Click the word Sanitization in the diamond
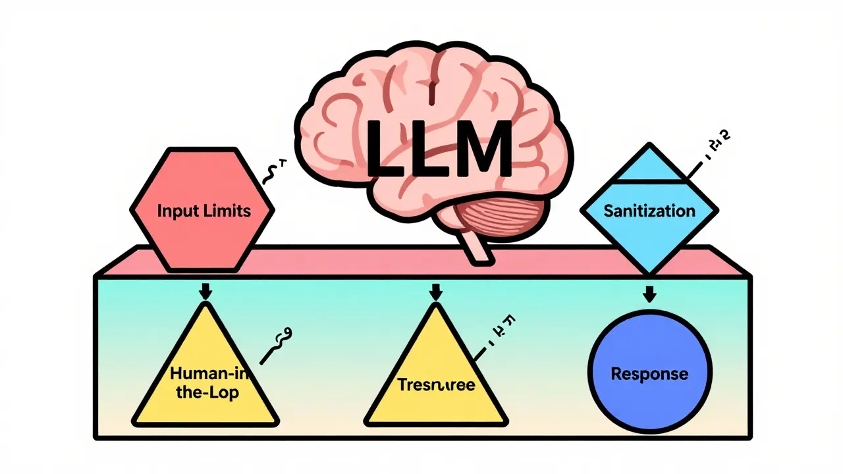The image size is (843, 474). point(649,211)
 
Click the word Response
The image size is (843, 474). point(649,374)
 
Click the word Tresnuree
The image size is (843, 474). point(436,384)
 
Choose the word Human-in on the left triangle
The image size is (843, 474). point(204,373)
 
